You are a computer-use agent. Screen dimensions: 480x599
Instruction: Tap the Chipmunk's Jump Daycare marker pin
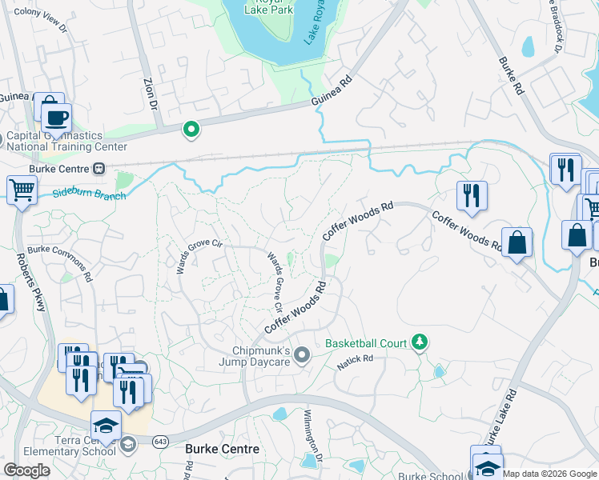click(302, 354)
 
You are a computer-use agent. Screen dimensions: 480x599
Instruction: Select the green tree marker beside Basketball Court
click(419, 342)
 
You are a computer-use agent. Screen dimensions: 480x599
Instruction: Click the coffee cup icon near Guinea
click(55, 118)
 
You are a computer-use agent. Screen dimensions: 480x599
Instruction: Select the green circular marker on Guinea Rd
click(191, 128)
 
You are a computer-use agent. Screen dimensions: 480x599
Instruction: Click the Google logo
click(27, 470)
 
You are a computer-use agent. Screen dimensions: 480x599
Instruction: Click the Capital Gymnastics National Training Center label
click(66, 142)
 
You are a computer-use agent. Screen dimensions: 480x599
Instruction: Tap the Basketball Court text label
click(366, 343)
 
